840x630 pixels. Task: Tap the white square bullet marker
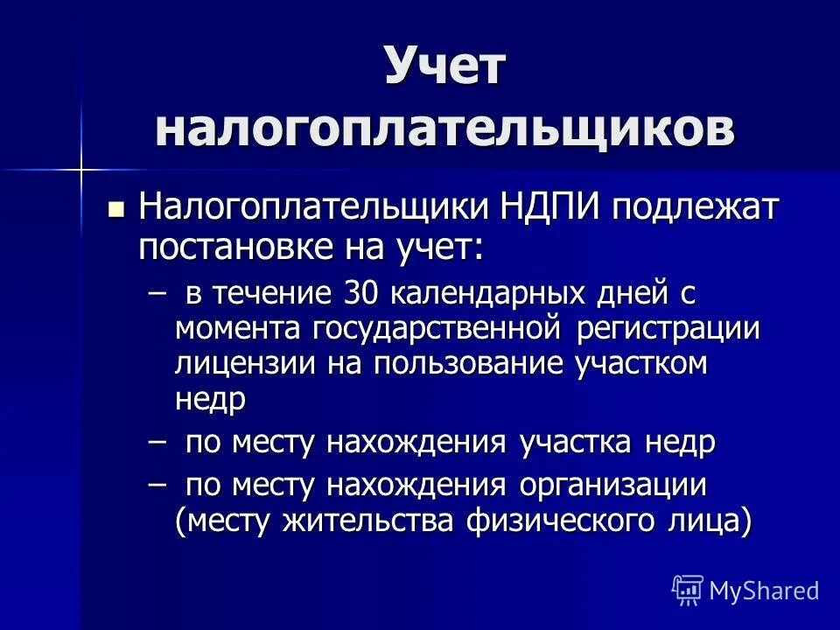tap(115, 210)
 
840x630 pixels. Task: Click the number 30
tap(360, 293)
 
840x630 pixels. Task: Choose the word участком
tap(641, 363)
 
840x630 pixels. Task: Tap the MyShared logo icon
tap(687, 590)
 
